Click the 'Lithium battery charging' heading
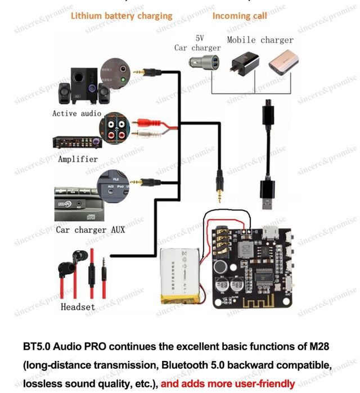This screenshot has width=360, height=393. [x=121, y=16]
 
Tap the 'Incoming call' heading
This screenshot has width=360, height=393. [x=240, y=16]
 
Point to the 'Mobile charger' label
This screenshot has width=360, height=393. [x=260, y=40]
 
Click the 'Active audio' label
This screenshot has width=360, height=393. [x=76, y=113]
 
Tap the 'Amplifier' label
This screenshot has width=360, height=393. [x=78, y=159]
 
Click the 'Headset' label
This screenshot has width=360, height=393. [x=78, y=307]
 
